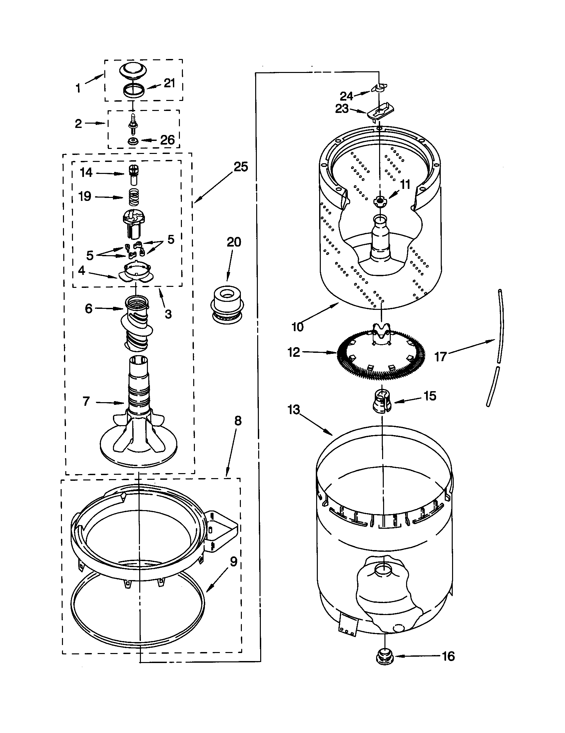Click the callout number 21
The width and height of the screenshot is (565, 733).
[x=169, y=83]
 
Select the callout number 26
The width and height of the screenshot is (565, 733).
[x=167, y=140]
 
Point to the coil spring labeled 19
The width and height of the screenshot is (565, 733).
[x=134, y=197]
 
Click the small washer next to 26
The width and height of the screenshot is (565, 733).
[x=133, y=141]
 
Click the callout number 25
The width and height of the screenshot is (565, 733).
[x=241, y=167]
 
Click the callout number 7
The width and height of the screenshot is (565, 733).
[x=86, y=401]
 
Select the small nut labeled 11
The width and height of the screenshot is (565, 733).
[x=379, y=201]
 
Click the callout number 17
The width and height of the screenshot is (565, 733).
[x=440, y=357]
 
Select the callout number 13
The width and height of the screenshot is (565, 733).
[x=293, y=409]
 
